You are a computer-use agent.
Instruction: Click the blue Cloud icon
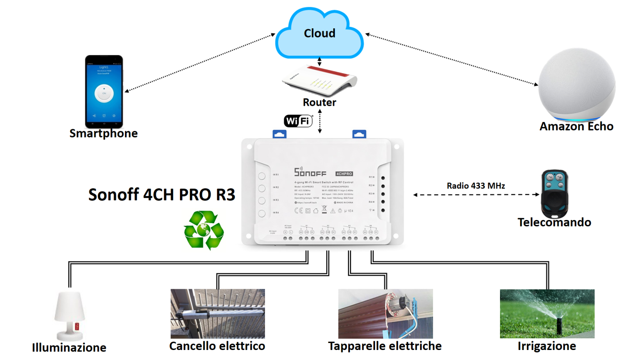319,33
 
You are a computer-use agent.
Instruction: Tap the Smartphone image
104,92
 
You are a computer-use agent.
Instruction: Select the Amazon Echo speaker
577,85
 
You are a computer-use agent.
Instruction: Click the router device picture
320,80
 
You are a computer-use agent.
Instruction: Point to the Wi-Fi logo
298,121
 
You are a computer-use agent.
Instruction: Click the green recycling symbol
204,230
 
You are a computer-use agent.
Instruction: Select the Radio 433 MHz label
476,186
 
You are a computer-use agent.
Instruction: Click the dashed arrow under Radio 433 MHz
476,195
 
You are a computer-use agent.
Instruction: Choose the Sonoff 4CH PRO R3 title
162,195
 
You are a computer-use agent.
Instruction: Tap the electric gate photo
217,314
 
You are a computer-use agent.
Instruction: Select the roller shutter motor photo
385,314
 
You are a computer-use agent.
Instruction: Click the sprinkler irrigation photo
547,314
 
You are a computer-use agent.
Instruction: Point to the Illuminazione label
69,347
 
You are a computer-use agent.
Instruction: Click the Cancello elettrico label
217,346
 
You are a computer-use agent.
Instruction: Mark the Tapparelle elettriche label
385,346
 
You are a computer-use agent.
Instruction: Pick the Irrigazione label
547,346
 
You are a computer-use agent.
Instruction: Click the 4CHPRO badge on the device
344,174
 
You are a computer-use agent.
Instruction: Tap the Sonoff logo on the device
310,172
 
